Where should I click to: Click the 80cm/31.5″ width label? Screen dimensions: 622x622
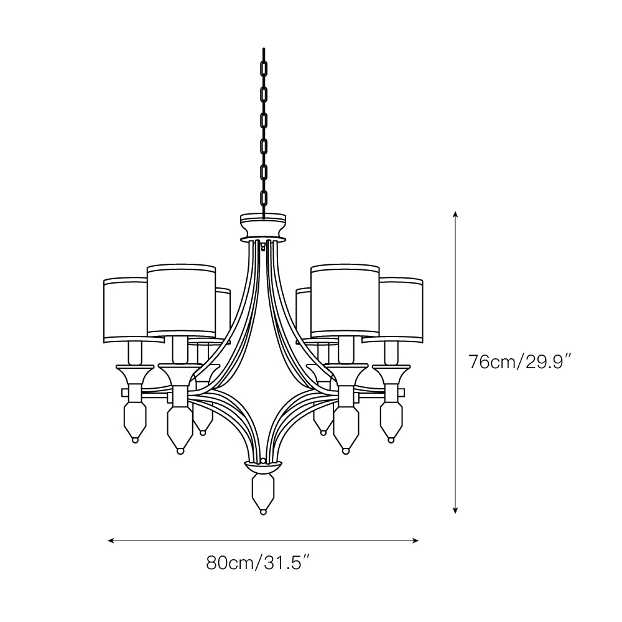click(258, 562)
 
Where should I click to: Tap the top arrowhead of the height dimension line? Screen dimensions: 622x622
click(455, 214)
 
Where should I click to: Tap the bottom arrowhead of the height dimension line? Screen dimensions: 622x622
click(455, 511)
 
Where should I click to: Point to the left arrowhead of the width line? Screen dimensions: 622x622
click(111, 541)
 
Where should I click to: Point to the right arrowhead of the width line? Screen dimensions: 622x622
click(415, 541)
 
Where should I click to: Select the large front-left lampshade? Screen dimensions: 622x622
click(181, 300)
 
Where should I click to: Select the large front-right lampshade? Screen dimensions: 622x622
click(345, 300)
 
